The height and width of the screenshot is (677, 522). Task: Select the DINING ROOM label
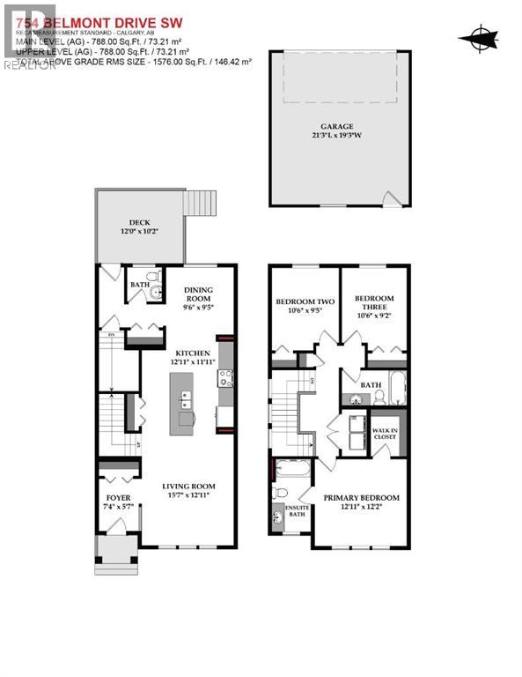point(198,294)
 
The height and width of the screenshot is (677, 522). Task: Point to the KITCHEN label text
point(191,353)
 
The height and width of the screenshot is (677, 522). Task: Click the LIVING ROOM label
point(188,487)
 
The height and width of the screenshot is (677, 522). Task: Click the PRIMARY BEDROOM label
point(361,497)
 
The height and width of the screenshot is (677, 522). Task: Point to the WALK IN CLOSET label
point(386,430)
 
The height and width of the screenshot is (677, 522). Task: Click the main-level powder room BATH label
point(139,285)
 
